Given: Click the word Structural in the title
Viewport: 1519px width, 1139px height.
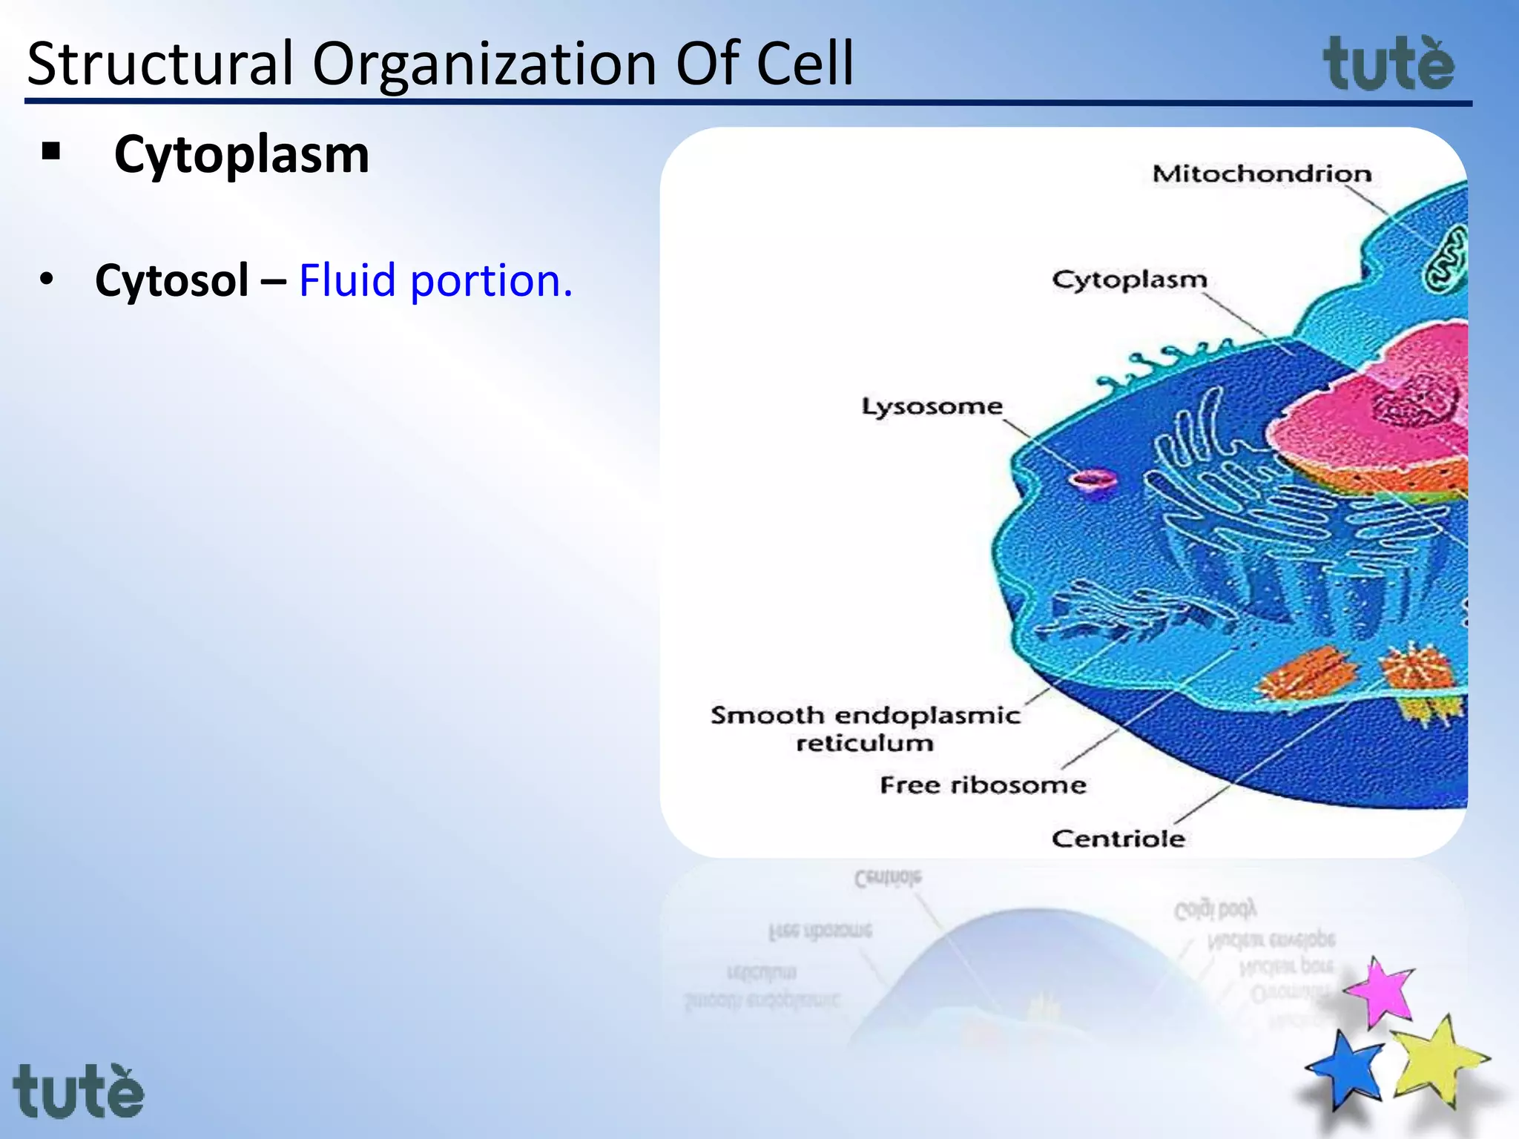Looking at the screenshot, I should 160,64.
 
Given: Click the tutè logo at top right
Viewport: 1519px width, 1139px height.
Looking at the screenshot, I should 1388,65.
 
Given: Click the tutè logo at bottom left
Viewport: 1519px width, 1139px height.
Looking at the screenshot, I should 78,1092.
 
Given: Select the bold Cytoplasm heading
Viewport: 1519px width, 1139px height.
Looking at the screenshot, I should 241,155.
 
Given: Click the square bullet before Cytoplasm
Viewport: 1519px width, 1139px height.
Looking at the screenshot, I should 51,153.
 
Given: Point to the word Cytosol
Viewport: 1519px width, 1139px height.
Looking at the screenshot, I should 171,280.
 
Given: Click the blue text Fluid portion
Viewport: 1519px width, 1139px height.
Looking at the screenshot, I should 435,280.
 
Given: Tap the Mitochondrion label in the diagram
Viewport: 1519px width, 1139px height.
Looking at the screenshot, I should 1261,174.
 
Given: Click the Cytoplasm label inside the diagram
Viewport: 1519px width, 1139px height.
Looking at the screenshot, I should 1129,280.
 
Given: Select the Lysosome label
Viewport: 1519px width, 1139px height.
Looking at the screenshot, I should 932,406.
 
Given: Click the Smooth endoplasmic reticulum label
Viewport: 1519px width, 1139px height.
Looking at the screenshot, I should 865,728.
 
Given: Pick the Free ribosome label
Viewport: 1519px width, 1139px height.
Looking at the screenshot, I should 983,785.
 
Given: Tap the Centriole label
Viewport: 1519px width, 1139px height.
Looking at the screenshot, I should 1118,839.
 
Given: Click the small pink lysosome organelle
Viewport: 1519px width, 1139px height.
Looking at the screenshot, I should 1092,481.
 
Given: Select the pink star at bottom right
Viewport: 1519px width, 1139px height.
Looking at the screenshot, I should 1381,992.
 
